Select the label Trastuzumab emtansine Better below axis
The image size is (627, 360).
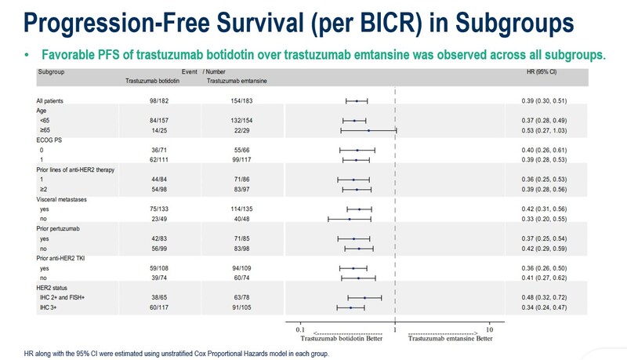(451, 340)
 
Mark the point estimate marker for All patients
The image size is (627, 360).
(357, 101)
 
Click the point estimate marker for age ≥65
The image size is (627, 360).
(368, 130)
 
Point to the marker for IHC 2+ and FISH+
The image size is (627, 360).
(364, 297)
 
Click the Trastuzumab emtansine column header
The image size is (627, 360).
(234, 81)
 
